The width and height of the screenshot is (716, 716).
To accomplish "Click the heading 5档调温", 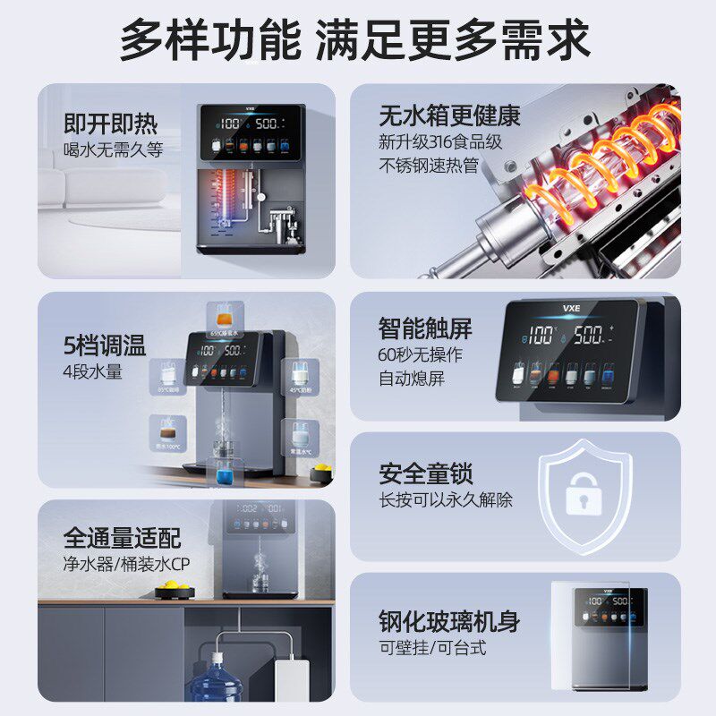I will point(105,345).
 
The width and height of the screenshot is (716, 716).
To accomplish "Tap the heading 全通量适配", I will point(122,538).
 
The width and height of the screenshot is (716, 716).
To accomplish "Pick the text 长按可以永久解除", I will point(446,500).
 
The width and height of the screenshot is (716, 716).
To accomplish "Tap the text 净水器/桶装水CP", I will point(126,566).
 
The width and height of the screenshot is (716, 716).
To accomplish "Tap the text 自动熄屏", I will point(411,379).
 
